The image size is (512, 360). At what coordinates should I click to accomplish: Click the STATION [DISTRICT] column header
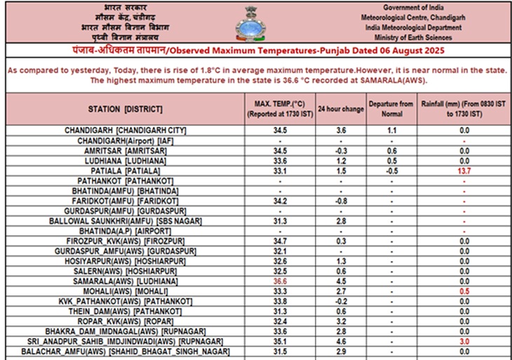pos(125,109)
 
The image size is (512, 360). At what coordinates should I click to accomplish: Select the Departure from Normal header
pos(392,109)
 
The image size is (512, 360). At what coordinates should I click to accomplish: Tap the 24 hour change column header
pos(341,109)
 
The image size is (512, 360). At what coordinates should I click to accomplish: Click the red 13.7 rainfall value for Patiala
pos(464,171)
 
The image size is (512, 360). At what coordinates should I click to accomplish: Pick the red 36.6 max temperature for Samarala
pos(280,281)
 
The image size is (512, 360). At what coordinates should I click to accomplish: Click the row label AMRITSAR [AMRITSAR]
pos(125,151)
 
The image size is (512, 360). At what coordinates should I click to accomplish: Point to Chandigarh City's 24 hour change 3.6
pos(341,131)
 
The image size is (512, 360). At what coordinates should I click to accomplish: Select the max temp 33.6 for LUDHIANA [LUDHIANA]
pos(280,161)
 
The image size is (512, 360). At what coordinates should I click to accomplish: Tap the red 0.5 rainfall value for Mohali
pos(464,291)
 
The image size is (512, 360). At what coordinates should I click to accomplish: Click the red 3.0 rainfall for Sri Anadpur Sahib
pos(464,341)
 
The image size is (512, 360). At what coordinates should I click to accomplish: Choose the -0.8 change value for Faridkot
pos(341,201)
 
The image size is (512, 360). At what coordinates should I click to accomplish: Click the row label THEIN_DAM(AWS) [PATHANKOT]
pos(125,311)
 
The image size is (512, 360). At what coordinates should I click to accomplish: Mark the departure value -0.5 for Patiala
pos(392,171)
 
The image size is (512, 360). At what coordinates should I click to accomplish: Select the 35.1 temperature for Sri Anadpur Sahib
pos(280,341)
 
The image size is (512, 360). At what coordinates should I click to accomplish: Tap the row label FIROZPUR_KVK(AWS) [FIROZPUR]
pos(125,241)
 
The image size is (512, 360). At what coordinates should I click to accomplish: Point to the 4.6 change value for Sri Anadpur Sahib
pos(341,341)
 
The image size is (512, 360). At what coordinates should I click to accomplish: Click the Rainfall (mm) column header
pos(464,109)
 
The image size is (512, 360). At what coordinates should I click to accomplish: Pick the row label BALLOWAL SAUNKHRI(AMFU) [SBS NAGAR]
pos(125,221)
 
